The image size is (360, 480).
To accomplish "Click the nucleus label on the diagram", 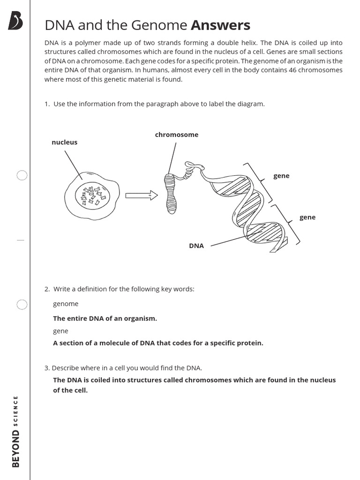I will tap(64, 142).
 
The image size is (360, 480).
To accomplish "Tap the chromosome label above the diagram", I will tap(177, 135).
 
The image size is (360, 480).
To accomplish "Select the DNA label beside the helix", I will tap(196, 246).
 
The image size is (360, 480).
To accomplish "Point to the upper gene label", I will tap(281, 176).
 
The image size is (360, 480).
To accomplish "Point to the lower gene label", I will tap(307, 217).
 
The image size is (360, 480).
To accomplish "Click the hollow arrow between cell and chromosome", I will tap(141, 195).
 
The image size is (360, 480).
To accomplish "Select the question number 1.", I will tap(47, 104).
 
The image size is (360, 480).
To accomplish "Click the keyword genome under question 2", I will tap(66, 304).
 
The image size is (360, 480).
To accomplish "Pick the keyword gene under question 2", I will tap(60, 331).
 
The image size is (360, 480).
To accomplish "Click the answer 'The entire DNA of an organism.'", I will tap(105, 318).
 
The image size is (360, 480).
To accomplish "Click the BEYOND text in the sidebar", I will tap(16, 449).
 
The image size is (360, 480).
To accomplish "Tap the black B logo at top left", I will tap(15, 21).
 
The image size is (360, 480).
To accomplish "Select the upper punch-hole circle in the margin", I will tap(22, 175).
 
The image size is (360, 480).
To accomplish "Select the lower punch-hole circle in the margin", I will tap(22, 305).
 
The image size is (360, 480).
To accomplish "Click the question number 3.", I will tap(47, 368).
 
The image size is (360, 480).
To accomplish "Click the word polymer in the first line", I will tap(80, 43).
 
